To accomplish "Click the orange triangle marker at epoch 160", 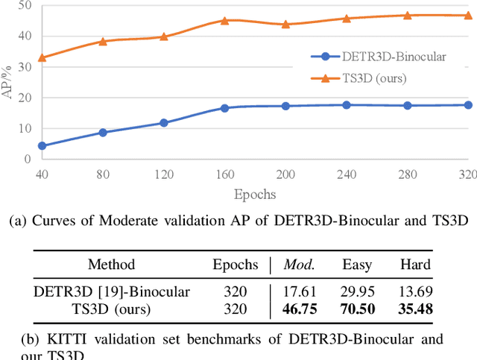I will pos(224,21).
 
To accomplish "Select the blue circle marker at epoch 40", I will pos(42,146).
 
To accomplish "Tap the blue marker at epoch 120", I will pos(163,123).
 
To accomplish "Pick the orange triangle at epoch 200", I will pos(285,24).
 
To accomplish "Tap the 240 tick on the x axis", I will pos(346,174).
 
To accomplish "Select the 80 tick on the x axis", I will pos(103,174).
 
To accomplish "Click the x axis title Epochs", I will pos(254,194).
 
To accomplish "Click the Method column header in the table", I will pos(112,264).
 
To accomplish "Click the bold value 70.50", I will pos(356,309).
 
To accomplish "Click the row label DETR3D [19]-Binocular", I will pos(112,291).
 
